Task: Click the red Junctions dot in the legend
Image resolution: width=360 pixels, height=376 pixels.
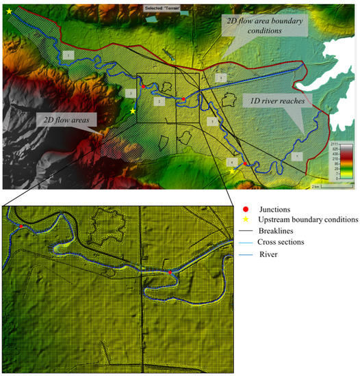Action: tap(247, 208)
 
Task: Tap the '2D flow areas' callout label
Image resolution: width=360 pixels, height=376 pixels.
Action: tap(66, 120)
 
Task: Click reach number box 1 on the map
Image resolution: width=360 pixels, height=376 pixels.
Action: tap(67, 53)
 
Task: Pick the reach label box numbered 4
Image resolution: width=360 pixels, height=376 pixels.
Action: tap(220, 79)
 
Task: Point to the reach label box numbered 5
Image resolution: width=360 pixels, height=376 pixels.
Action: tap(213, 121)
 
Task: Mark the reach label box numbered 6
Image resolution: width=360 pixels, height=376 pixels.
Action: tap(233, 161)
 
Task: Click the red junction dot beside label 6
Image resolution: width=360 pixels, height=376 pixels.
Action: tap(246, 164)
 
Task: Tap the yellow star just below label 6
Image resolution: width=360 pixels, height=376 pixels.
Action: tap(233, 171)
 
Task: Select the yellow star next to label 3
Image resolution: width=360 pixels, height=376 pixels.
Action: tap(133, 111)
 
